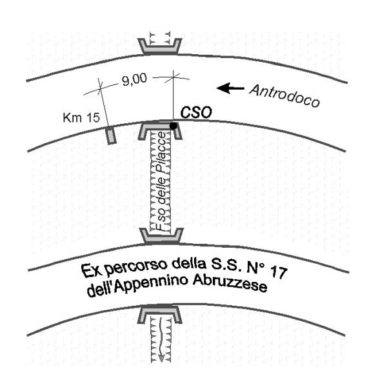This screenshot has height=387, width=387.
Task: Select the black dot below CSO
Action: (174, 126)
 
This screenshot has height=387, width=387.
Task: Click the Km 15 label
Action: (77, 119)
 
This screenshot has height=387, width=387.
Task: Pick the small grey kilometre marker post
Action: (112, 135)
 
